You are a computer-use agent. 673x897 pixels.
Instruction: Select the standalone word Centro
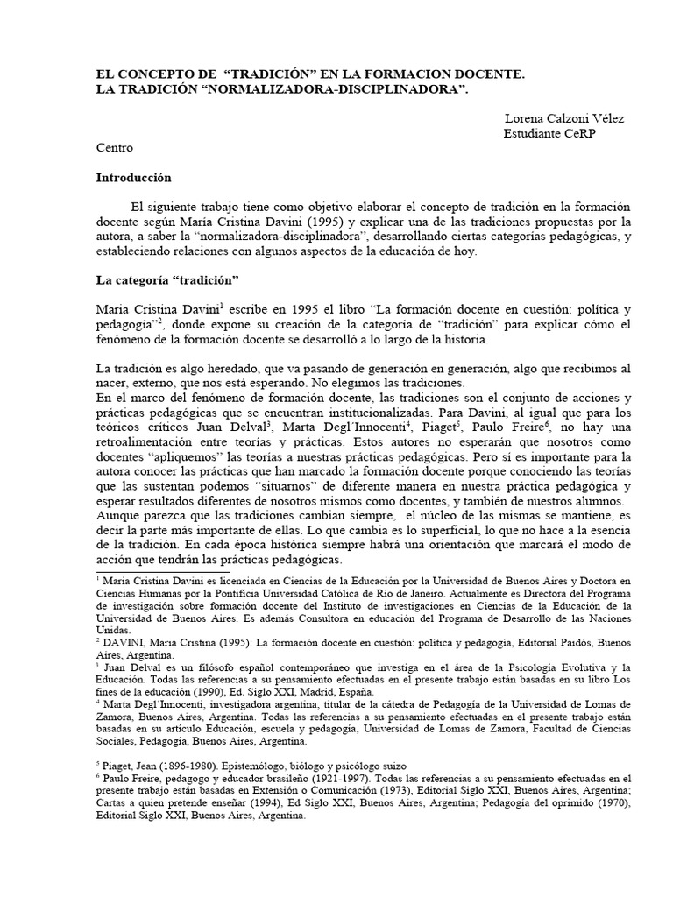tap(115, 148)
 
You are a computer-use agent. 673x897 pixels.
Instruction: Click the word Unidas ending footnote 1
tap(113, 629)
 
